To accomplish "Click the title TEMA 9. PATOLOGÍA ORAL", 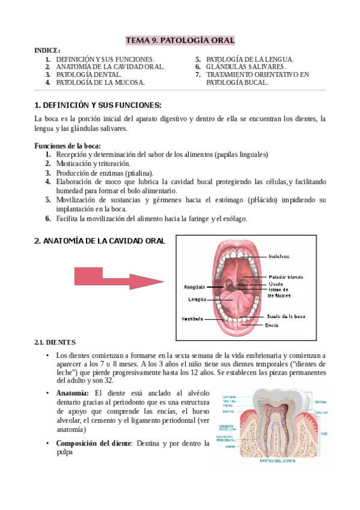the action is (180, 40).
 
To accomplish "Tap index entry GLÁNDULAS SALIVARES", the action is (245, 67).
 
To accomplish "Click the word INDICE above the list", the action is (47, 50).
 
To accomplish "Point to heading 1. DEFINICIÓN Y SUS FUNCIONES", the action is (98, 105).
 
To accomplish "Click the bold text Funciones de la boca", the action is (67, 146).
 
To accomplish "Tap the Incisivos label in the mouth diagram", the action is (279, 256).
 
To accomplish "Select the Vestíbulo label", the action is (192, 318).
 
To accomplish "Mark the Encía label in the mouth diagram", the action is (271, 325).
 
